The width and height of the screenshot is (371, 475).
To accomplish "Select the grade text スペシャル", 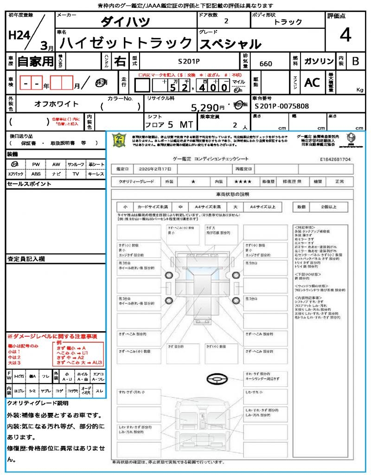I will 230,44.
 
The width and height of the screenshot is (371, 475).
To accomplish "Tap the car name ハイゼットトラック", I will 126,43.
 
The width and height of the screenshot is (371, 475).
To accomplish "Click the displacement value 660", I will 266,64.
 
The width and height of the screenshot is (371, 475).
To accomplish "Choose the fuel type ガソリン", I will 319,61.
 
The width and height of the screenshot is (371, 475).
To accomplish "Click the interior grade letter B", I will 355,61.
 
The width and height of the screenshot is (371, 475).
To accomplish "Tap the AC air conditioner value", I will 312,83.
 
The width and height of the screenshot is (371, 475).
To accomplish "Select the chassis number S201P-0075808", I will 281,106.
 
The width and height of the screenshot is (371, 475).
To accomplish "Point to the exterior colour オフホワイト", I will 57,104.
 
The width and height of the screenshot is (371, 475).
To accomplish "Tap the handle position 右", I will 120,61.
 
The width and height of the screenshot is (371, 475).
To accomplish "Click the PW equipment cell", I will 36,164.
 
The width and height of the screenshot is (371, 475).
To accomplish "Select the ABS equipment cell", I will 36,174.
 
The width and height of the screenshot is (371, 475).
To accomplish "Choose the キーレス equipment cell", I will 96,174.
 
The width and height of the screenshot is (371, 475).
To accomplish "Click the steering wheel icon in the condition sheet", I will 216,379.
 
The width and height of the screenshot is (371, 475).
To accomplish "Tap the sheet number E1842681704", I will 335,159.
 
